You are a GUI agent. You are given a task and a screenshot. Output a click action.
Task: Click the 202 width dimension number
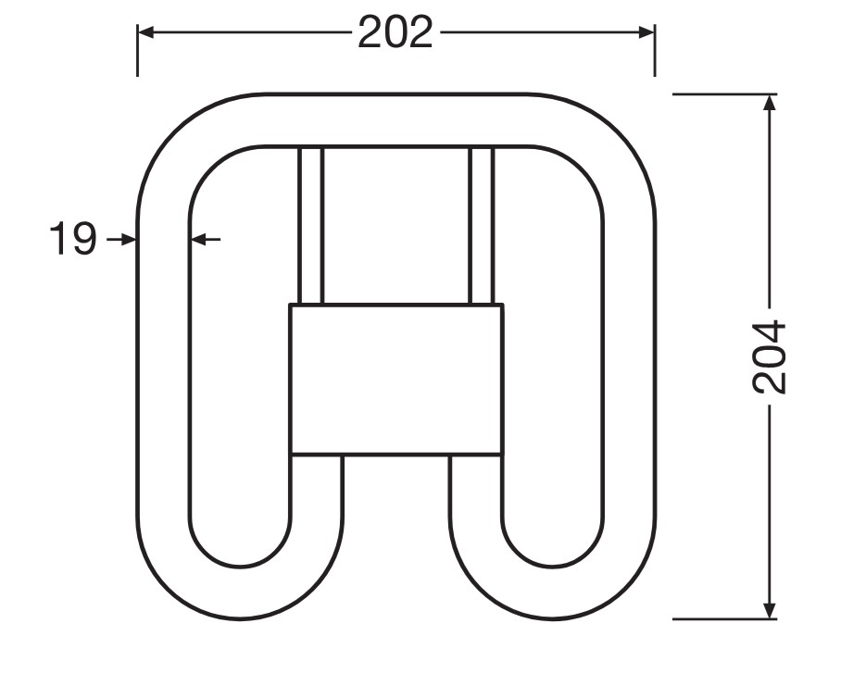click(395, 32)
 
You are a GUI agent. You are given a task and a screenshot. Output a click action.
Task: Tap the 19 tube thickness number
click(73, 239)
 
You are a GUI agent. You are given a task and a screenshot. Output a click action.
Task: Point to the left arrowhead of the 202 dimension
click(144, 32)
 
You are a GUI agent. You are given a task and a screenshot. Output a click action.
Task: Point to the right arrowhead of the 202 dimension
click(646, 32)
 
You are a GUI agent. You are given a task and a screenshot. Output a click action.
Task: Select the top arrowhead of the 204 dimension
click(770, 103)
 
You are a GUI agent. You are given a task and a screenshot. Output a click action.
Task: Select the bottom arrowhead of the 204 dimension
click(770, 610)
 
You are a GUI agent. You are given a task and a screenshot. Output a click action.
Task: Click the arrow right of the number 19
click(120, 239)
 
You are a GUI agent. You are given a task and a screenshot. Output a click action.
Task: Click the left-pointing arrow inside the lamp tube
click(207, 239)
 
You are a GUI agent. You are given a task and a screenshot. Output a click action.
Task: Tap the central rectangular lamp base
click(396, 379)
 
